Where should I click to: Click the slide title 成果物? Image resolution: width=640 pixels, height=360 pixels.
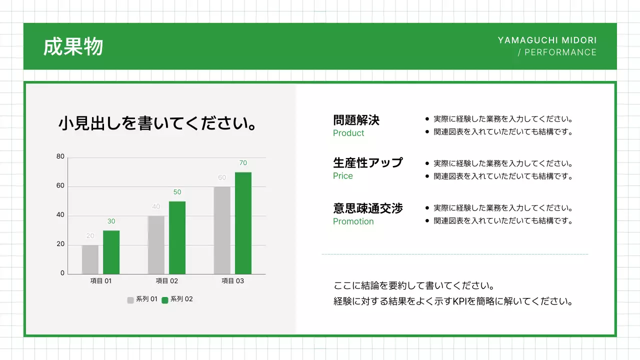(73, 47)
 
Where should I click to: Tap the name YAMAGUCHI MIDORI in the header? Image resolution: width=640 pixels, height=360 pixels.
(547, 40)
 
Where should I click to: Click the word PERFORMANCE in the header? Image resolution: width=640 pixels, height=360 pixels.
(560, 52)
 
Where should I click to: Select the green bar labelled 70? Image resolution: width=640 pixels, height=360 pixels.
(243, 223)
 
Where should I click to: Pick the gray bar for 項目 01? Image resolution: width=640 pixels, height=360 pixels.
(90, 259)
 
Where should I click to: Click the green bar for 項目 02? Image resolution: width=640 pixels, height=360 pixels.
(177, 237)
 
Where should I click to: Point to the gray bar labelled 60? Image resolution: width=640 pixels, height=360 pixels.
(222, 230)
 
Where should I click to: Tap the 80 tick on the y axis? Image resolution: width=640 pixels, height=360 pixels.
(60, 157)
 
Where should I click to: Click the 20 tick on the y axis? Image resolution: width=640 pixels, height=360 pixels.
(60, 244)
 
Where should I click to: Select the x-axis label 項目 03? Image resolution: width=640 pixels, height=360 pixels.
(232, 281)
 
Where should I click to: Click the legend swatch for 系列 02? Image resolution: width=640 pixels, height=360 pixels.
(165, 300)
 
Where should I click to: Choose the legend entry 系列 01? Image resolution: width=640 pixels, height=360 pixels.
(146, 299)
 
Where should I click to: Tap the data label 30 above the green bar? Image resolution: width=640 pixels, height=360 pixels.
(111, 221)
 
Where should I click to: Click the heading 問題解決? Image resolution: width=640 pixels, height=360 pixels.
(356, 120)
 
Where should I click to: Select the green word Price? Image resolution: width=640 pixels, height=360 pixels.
(343, 176)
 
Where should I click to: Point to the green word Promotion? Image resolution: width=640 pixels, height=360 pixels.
(353, 221)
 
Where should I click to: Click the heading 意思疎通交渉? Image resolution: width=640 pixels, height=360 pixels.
(368, 208)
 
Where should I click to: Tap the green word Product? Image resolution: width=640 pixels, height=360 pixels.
(348, 133)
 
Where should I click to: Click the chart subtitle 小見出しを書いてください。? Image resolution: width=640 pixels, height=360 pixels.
(158, 123)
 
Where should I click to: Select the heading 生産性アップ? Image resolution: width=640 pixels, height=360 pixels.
(368, 163)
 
